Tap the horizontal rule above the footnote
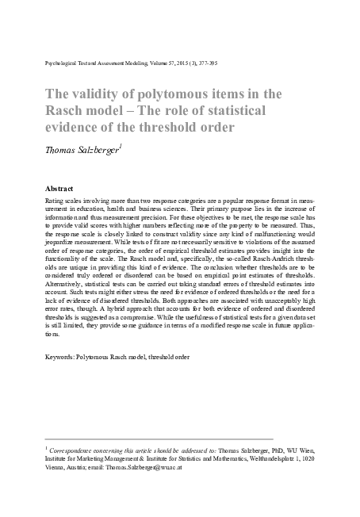tap(159, 438)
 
